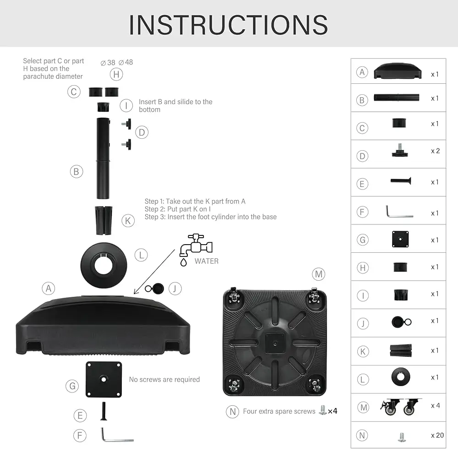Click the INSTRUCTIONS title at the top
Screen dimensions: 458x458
pos(229,24)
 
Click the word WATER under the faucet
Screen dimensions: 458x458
pos(207,261)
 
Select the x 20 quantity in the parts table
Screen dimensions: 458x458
pos(437,435)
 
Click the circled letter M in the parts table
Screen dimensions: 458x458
pos(362,406)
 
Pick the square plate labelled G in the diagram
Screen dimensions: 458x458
pos(104,379)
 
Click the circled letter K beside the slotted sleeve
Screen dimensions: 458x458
pos(129,221)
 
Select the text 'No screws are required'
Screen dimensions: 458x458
pos(164,379)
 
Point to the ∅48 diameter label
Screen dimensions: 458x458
pos(125,62)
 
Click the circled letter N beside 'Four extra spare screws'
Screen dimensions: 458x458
pos(233,411)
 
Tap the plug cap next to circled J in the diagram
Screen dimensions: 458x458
pos(158,288)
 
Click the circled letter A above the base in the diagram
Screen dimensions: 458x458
pos(49,288)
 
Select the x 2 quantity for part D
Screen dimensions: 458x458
pos(435,151)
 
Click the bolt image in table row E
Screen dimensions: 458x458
pos(401,181)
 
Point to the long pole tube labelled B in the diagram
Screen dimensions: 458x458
pos(103,158)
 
